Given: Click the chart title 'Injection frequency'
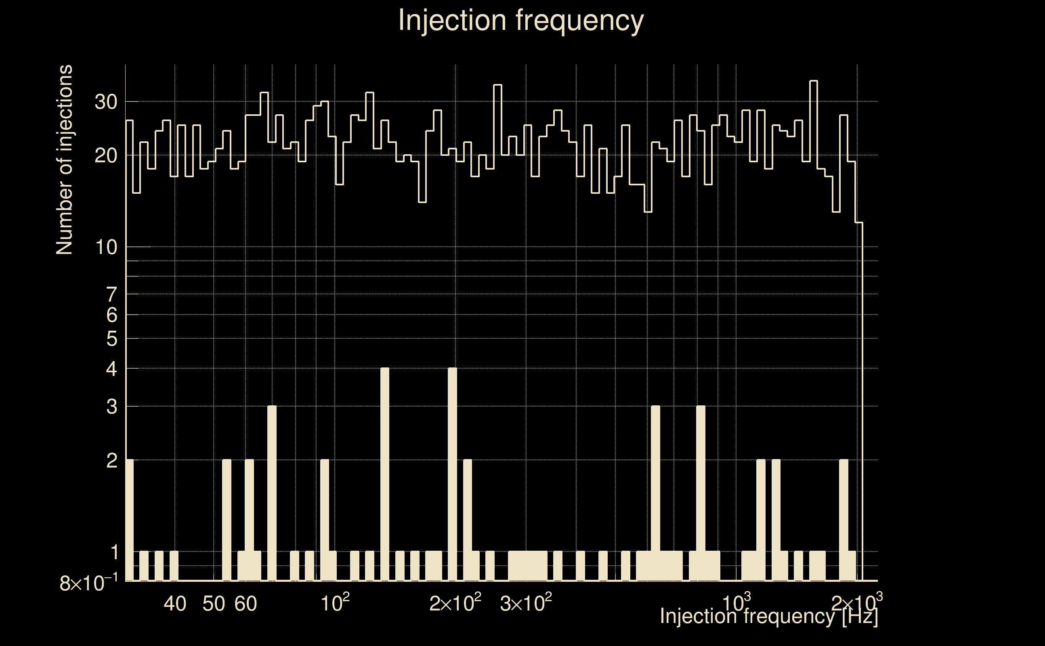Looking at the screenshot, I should click(521, 21).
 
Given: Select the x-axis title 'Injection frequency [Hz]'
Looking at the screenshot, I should click(768, 616).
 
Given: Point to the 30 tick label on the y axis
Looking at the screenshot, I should click(105, 102).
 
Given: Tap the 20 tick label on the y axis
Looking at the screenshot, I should click(105, 156).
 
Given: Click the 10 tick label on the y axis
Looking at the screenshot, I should click(105, 247).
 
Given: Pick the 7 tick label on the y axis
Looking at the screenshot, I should click(111, 295).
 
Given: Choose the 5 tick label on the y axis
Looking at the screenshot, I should click(111, 339).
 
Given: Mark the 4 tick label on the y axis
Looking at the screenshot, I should click(111, 369).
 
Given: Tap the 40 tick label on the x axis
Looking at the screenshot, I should click(175, 604).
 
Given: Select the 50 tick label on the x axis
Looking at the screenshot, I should click(214, 604).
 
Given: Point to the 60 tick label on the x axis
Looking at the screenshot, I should click(246, 604).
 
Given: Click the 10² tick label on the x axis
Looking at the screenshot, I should click(335, 603).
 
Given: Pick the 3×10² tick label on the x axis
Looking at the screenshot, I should click(525, 603).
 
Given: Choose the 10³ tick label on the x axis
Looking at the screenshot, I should click(736, 603).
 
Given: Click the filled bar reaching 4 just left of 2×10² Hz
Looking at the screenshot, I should click(452, 474).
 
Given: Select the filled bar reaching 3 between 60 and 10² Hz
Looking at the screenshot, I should click(272, 493).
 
